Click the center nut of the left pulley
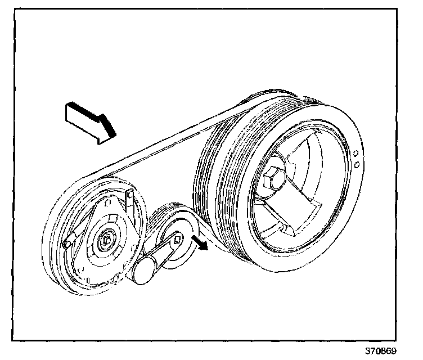(x=105, y=241)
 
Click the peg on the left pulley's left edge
(x=67, y=244)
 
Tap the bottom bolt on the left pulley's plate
(x=115, y=278)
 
